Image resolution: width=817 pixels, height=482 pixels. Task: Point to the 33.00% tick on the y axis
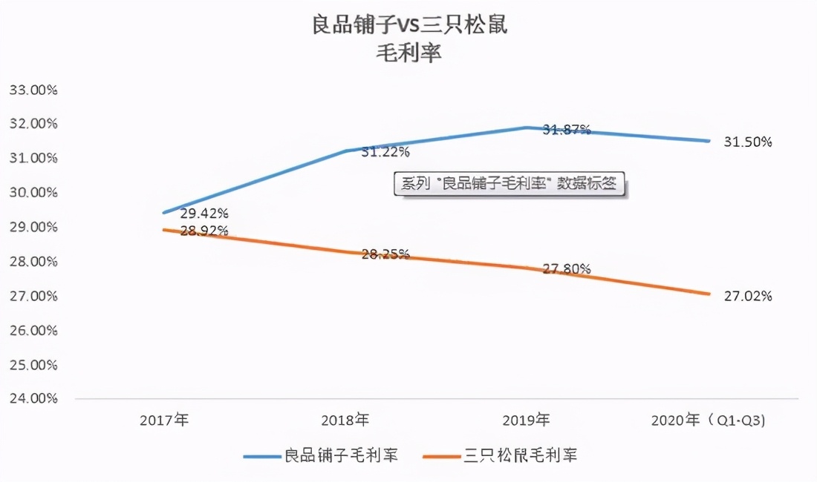tap(33, 90)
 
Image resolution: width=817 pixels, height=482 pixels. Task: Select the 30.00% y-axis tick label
tap(33, 193)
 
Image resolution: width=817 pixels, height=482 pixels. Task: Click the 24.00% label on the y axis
tap(33, 399)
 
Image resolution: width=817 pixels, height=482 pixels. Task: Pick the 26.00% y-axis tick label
tap(33, 331)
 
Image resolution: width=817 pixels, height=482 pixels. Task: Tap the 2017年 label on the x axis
tap(164, 420)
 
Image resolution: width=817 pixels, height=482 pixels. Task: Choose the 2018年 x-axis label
tap(345, 420)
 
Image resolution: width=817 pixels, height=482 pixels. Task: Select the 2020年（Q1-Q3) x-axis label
tap(708, 420)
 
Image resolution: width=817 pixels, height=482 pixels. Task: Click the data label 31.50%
tap(748, 142)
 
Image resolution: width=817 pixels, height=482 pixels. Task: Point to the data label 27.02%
tap(748, 297)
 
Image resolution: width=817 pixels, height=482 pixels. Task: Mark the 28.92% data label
tap(204, 231)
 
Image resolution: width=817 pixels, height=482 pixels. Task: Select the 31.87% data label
tap(567, 130)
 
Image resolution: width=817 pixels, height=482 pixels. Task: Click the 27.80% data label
tap(567, 269)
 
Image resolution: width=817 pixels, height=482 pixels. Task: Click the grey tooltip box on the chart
tap(510, 184)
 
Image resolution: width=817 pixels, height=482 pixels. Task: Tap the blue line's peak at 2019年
tap(526, 128)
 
